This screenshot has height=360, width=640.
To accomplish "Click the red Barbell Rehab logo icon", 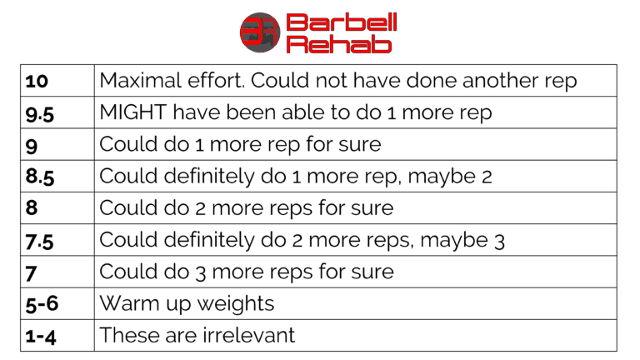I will pyautogui.click(x=260, y=32).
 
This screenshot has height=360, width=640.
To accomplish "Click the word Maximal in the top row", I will pyautogui.click(x=137, y=81).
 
